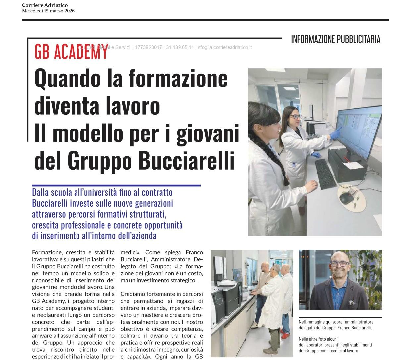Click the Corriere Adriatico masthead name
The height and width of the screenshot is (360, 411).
44,5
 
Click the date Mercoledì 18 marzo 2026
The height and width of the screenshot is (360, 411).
48,11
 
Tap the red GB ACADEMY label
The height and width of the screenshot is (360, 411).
71,51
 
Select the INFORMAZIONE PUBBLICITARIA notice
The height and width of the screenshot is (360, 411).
335,39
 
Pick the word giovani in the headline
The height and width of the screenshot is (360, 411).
208,133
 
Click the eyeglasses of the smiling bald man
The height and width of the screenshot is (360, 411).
339,264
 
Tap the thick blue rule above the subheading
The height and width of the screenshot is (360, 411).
116,186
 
